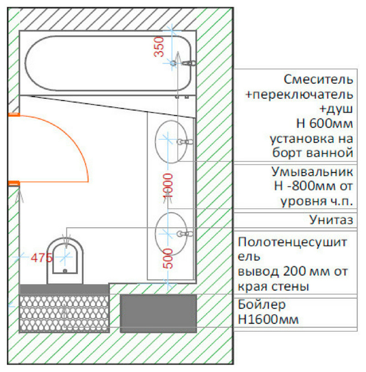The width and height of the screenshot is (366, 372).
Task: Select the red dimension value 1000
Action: pyautogui.click(x=168, y=185)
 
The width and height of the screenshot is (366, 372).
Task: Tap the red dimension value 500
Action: pyautogui.click(x=168, y=259)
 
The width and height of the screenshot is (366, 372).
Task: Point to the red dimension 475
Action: pyautogui.click(x=41, y=258)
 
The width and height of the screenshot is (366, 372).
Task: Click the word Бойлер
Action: pyautogui.click(x=261, y=304)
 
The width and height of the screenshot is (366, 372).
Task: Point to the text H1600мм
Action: pyautogui.click(x=269, y=319)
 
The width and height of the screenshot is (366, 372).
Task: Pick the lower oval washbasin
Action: pyautogui.click(x=168, y=233)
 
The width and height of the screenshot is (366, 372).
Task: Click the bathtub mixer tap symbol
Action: pyautogui.click(x=188, y=63)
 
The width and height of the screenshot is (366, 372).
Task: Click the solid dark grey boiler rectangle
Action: pyautogui.click(x=158, y=313)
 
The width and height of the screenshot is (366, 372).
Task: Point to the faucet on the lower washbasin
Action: pyautogui.click(x=185, y=234)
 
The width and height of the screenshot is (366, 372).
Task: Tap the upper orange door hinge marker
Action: pyautogui.click(x=13, y=115)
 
